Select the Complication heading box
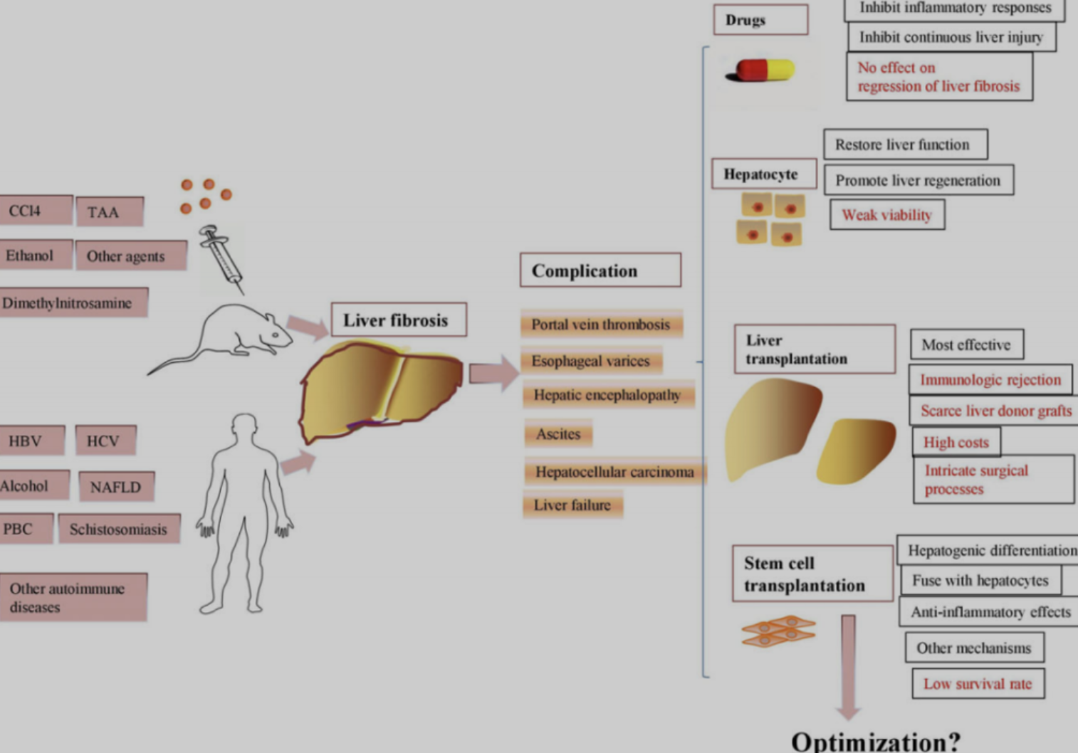point(600,270)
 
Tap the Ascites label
point(558,433)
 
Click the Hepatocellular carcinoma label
point(614,472)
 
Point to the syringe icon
point(221,258)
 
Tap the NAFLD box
point(116,488)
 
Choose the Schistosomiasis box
point(118,530)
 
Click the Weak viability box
point(887,215)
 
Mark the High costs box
point(956,442)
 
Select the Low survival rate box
point(978,684)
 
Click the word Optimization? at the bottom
point(876,742)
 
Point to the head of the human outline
point(245,427)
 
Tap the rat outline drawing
point(228,335)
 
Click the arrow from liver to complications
point(493,373)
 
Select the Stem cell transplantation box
point(812,574)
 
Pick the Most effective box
point(966,344)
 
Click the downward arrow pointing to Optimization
point(848,665)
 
